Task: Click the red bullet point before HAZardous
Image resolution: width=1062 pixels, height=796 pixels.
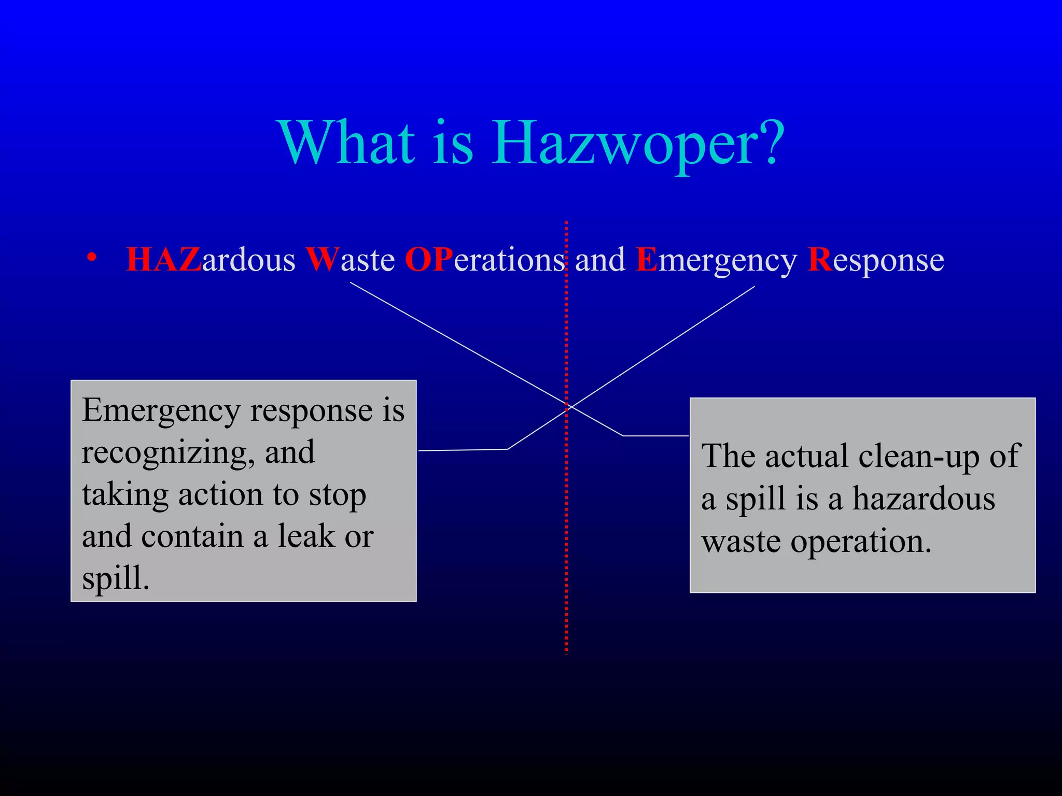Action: coord(92,258)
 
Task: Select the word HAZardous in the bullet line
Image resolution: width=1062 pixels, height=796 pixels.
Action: coord(210,260)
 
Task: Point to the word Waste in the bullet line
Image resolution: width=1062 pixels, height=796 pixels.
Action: coord(350,260)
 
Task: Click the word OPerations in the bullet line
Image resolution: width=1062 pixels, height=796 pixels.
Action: coord(484,260)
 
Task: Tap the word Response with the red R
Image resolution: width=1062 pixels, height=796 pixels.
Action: coord(876,260)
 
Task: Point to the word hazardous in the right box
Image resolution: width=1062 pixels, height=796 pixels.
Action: coord(924,499)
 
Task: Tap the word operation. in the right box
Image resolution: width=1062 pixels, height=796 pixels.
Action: coord(861,542)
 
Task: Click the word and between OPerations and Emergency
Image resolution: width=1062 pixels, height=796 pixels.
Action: coord(600,260)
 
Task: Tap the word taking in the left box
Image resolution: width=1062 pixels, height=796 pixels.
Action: coord(125,495)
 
